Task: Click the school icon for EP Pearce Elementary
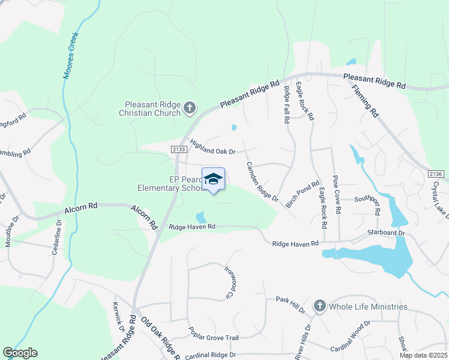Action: (x=213, y=179)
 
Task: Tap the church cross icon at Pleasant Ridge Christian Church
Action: (x=190, y=108)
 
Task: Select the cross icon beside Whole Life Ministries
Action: (x=319, y=306)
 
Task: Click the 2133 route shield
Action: (x=179, y=149)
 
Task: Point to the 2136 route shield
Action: (x=436, y=173)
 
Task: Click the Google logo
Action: (x=20, y=353)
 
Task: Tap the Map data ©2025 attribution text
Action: (x=423, y=355)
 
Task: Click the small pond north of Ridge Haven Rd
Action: (x=200, y=217)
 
